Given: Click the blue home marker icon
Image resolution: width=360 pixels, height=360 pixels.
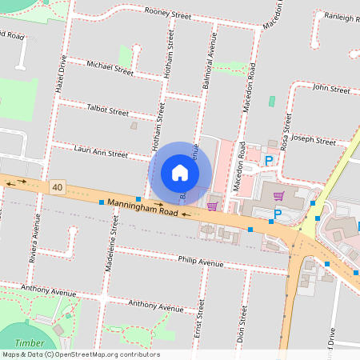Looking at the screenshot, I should pyautogui.click(x=180, y=173).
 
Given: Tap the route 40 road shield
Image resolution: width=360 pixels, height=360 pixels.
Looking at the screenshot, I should pyautogui.click(x=56, y=187).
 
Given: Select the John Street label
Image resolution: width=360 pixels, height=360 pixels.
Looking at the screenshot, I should pyautogui.click(x=331, y=89).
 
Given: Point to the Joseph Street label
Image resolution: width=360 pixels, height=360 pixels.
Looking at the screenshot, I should pyautogui.click(x=314, y=142).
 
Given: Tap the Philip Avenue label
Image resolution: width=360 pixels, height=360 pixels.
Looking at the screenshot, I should pyautogui.click(x=201, y=261).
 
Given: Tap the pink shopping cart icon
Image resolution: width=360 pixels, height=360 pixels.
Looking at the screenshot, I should pyautogui.click(x=212, y=206).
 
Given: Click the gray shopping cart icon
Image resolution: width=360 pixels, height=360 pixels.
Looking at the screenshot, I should pyautogui.click(x=278, y=195).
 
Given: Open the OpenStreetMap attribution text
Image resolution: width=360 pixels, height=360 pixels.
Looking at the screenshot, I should pyautogui.click(x=81, y=354).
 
